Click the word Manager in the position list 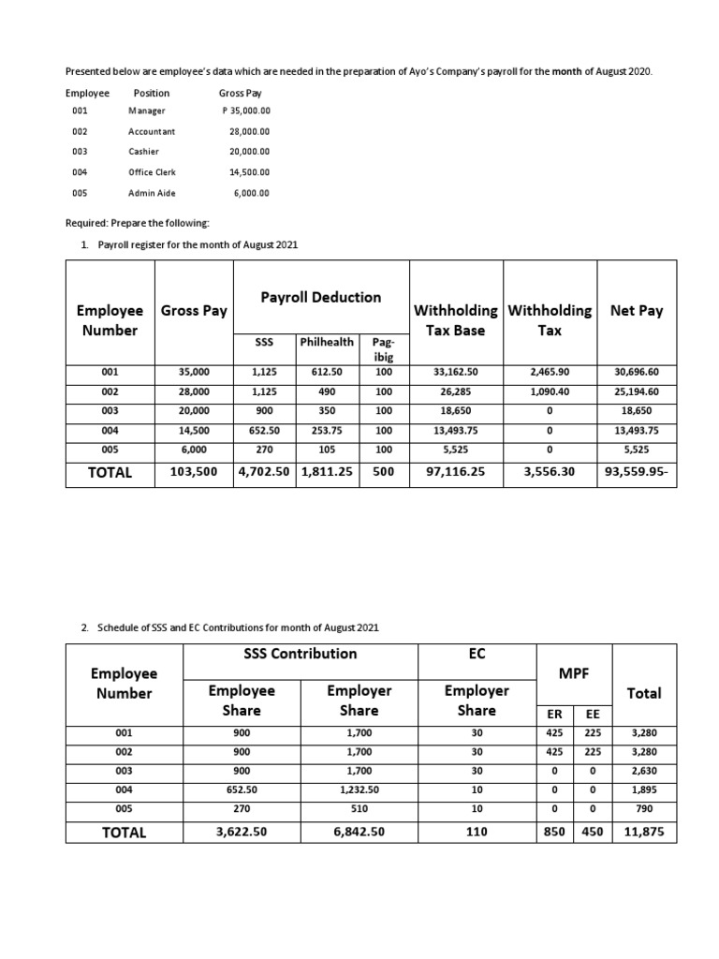(146, 111)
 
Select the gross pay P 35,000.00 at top (245, 111)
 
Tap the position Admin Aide (152, 193)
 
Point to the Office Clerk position (152, 172)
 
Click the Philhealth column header (326, 343)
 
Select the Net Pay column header (636, 311)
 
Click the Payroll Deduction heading (320, 297)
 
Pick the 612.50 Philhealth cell (326, 372)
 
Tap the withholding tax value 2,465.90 (549, 372)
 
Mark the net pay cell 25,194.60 (636, 391)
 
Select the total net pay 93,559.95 (636, 473)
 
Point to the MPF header (573, 674)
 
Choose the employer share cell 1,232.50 (359, 790)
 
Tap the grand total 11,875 (643, 831)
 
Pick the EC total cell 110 (476, 831)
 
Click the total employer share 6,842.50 (359, 831)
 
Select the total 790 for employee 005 (643, 810)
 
